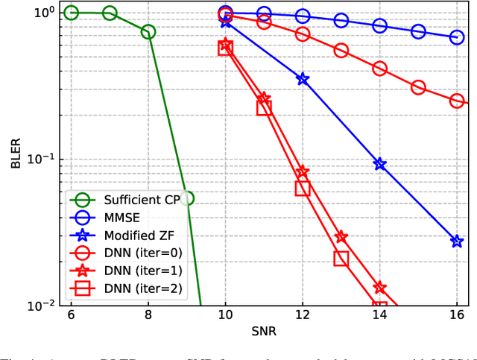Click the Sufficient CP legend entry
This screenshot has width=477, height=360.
127,199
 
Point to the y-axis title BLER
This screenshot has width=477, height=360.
16,159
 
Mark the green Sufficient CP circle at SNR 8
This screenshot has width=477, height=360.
148,31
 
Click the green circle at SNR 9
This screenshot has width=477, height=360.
186,198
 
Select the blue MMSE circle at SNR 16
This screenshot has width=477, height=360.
457,37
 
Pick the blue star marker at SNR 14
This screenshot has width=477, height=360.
380,164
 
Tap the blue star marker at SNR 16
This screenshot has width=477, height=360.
457,241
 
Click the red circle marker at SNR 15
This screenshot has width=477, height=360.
418,87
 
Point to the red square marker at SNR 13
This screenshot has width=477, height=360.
341,259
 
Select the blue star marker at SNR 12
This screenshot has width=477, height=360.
303,78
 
